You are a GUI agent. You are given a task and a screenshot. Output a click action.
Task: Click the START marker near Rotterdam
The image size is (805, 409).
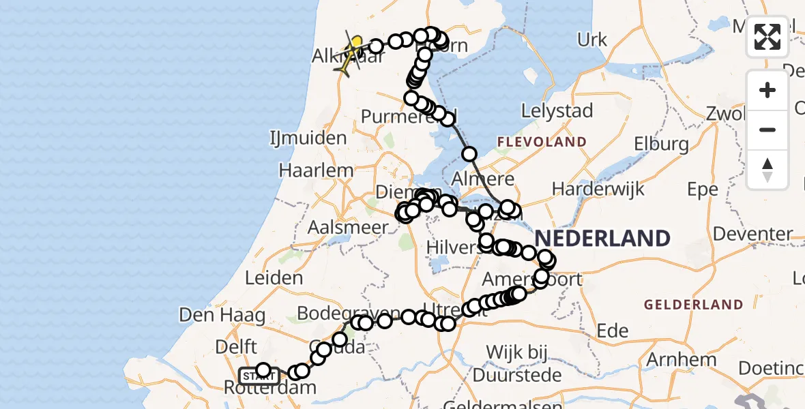[x=259, y=376]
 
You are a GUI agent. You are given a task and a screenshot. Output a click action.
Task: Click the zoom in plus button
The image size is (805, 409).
[x=767, y=91]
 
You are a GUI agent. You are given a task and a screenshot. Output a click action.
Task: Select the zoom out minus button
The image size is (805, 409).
[x=767, y=130]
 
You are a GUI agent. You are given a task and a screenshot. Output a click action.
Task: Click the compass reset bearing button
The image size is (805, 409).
[x=767, y=169]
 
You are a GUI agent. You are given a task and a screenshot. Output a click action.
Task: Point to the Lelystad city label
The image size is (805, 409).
[x=557, y=110]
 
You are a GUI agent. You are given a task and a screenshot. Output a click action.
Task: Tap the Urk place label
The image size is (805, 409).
[x=591, y=40]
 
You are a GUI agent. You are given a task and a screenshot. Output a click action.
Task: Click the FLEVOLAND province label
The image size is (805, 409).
[x=542, y=142]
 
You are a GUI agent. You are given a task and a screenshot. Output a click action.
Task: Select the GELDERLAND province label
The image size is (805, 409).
[x=693, y=304]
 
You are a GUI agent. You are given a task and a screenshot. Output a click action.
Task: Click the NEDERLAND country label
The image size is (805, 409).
[x=602, y=239]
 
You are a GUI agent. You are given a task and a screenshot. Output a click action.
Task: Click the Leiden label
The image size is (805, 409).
[x=278, y=278]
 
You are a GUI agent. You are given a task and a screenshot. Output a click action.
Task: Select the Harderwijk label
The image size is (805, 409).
[x=598, y=189]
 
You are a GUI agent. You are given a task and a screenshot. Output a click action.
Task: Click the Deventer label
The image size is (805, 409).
[x=753, y=234]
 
